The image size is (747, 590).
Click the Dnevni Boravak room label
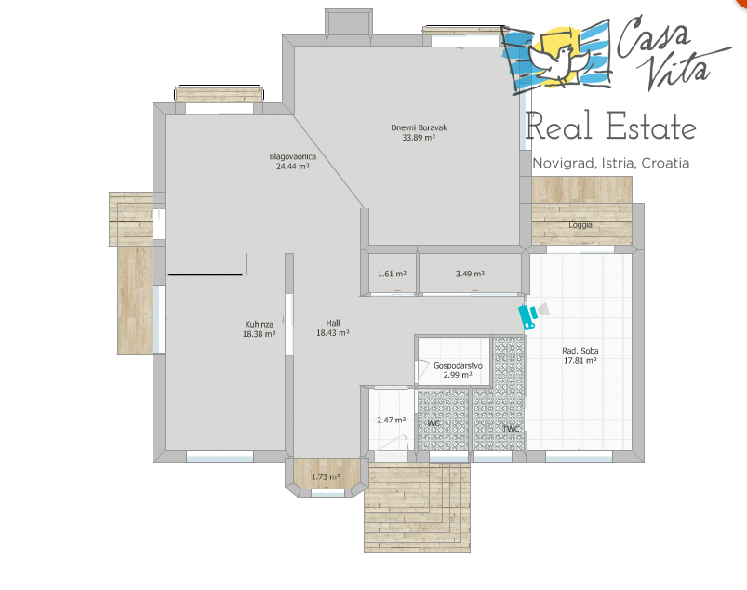coord(419,127)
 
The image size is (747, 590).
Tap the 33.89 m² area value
coord(419,138)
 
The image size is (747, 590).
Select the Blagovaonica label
coord(292,156)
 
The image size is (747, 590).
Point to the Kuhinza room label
coord(260,325)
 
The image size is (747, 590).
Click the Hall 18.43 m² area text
coord(333,333)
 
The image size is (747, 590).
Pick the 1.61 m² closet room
coord(392,274)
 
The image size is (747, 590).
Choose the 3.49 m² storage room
coord(470,274)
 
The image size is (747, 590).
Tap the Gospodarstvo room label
coord(458,366)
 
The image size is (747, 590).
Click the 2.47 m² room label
coord(391,420)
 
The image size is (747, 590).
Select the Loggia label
coord(580,225)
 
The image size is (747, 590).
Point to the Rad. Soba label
coord(580,351)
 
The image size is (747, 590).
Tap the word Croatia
coord(665,163)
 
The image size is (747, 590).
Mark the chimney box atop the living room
coord(349,22)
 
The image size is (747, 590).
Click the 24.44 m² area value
coord(292,167)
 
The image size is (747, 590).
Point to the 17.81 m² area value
coord(580,361)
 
